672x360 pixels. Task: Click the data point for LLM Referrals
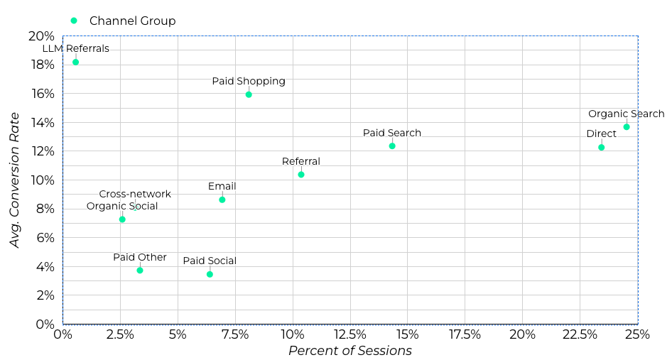point(75,62)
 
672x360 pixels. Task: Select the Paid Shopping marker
point(249,94)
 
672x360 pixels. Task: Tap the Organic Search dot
point(627,127)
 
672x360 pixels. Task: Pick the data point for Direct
point(602,147)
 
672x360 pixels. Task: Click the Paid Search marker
point(392,146)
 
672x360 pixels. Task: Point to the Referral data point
point(301,175)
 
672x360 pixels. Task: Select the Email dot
point(222,200)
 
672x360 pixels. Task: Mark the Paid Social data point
point(210,274)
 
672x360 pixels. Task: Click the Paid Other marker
point(140,270)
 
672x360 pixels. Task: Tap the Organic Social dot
point(122,219)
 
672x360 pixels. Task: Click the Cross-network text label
point(135,194)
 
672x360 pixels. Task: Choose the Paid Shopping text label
point(249,81)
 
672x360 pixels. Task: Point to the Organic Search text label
point(627,114)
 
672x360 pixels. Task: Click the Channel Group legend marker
point(74,21)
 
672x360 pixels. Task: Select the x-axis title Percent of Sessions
point(350,351)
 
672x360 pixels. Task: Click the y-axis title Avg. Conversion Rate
point(15,180)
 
